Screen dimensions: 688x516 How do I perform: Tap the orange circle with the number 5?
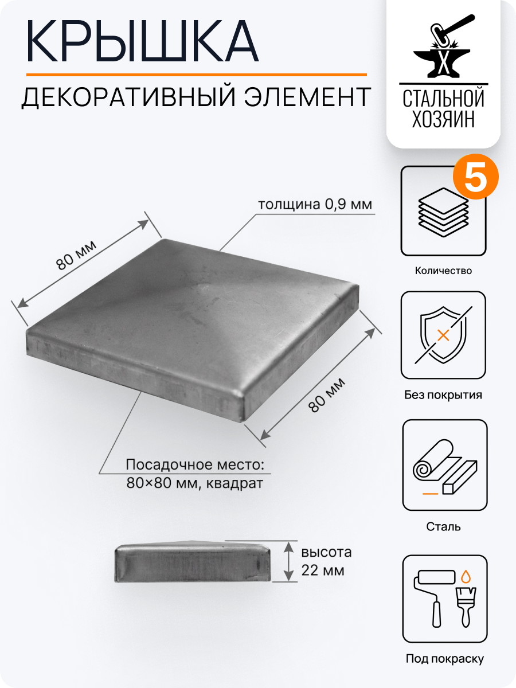pyautogui.click(x=475, y=179)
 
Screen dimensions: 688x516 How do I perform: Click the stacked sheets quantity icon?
pyautogui.click(x=443, y=210)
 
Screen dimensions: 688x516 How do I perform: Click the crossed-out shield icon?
pyautogui.click(x=443, y=335)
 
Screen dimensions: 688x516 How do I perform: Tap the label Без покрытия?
pyautogui.click(x=443, y=395)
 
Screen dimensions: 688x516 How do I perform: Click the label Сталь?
pyautogui.click(x=444, y=526)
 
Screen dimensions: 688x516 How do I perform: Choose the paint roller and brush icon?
pyautogui.click(x=444, y=599)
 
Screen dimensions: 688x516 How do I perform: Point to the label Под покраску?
pyautogui.click(x=444, y=659)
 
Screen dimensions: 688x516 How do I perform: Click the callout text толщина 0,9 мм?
pyautogui.click(x=315, y=205)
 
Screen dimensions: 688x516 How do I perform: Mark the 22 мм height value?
pyautogui.click(x=323, y=571)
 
